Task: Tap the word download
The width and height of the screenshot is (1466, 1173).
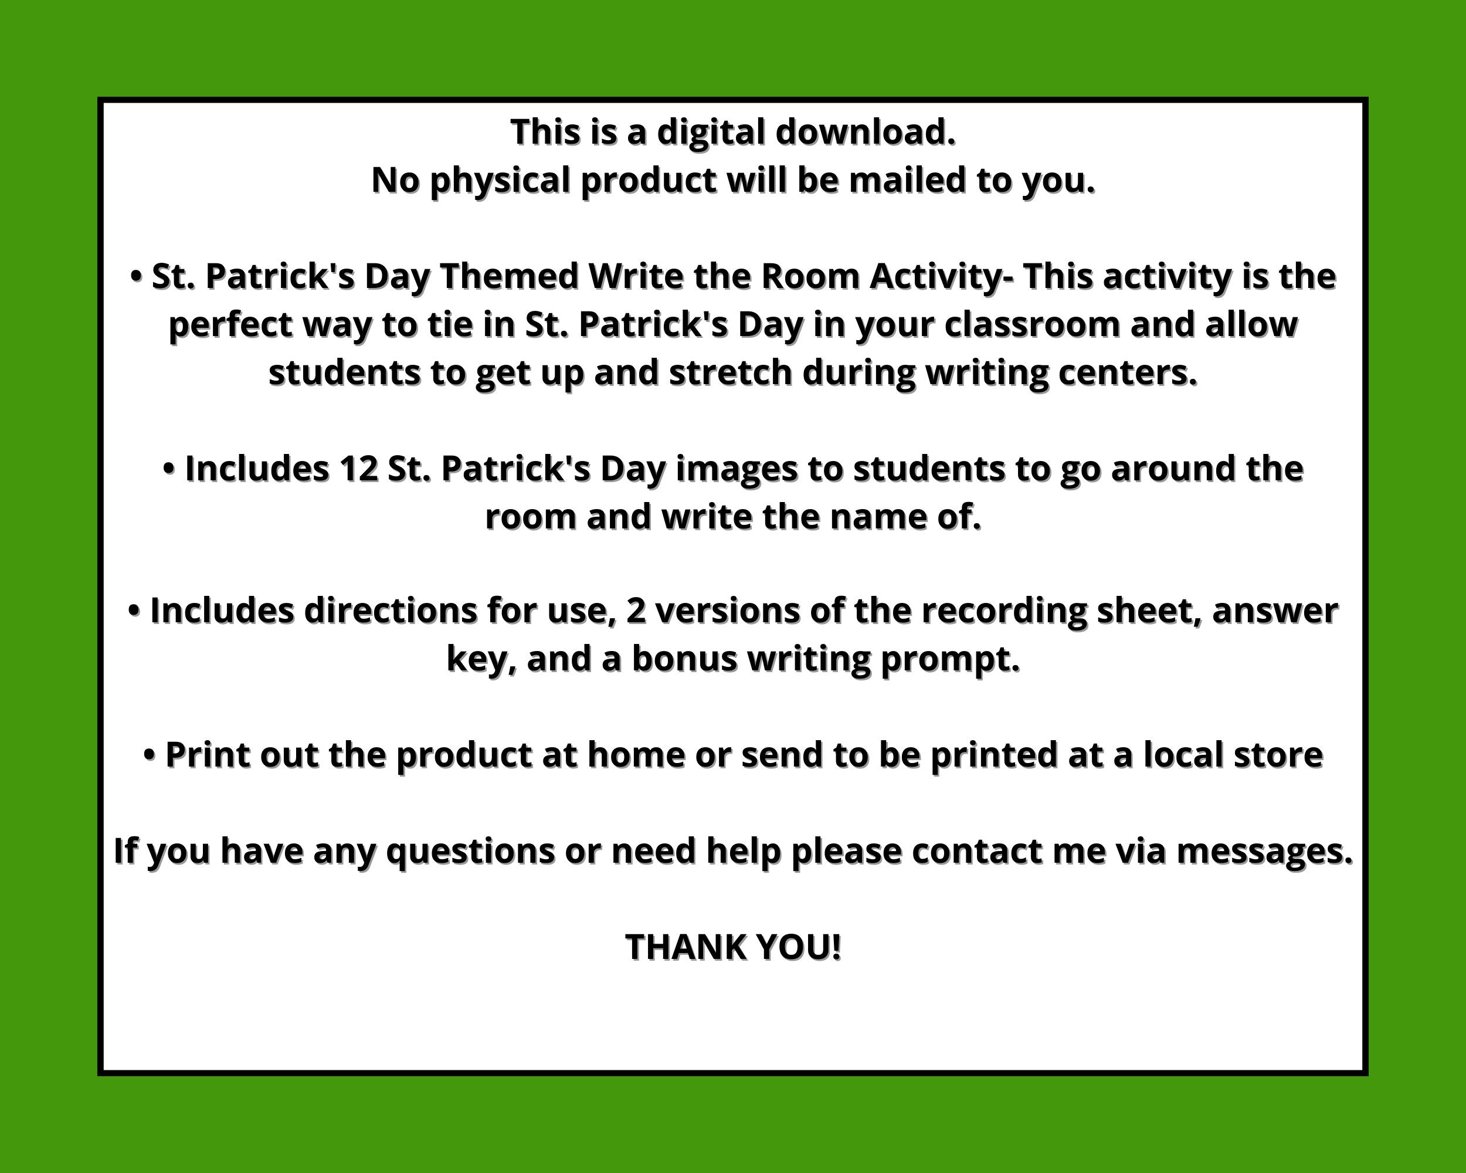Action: [866, 132]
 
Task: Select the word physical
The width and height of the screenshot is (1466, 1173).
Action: [500, 181]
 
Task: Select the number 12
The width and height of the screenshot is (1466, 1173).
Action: [358, 469]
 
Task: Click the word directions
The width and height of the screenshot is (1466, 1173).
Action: [391, 611]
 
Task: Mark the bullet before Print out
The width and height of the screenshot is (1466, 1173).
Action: [150, 755]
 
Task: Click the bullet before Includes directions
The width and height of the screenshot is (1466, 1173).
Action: [135, 611]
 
